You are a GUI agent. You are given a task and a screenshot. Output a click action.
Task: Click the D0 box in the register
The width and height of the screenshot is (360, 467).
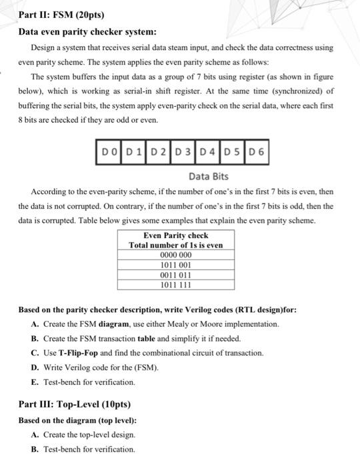pyautogui.click(x=108, y=153)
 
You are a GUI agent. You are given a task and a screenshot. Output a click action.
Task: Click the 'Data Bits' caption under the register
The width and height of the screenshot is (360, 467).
pyautogui.click(x=209, y=176)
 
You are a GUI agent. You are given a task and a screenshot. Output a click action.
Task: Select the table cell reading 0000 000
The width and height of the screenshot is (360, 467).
pyautogui.click(x=176, y=254)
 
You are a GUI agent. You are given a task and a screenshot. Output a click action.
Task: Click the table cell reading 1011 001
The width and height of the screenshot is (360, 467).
pyautogui.click(x=176, y=264)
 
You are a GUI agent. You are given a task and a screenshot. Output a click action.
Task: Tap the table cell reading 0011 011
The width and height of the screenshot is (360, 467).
pyautogui.click(x=176, y=274)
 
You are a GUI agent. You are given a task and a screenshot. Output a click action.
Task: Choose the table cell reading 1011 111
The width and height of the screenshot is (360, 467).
pyautogui.click(x=176, y=284)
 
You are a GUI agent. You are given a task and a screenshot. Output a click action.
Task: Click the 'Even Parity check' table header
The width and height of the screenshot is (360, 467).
pyautogui.click(x=176, y=236)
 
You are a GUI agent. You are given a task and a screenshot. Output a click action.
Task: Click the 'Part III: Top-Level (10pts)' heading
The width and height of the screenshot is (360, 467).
pyautogui.click(x=75, y=404)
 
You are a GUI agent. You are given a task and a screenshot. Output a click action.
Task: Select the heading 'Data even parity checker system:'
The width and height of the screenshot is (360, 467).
pyautogui.click(x=87, y=31)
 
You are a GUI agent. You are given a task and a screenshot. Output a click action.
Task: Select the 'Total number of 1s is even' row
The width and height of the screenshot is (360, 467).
pyautogui.click(x=176, y=245)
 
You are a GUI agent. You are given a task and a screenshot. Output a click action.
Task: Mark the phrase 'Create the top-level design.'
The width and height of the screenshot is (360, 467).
pyautogui.click(x=89, y=434)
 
